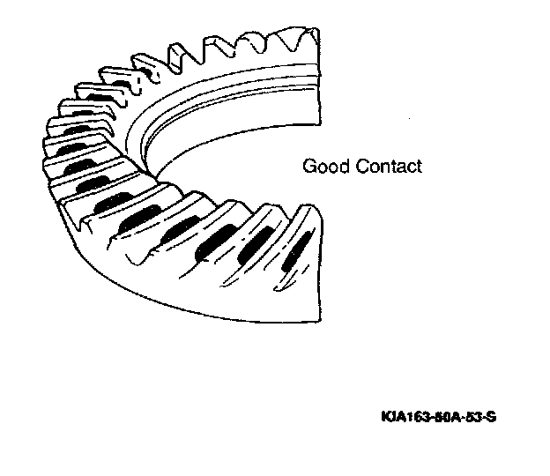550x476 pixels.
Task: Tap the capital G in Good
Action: (309, 166)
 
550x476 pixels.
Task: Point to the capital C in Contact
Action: (362, 166)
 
